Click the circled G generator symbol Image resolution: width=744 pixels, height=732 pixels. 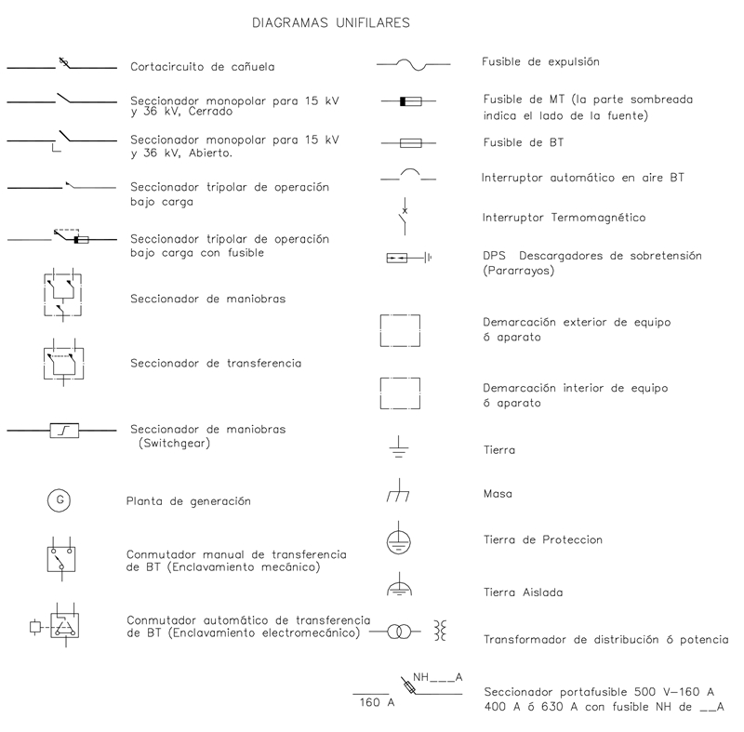[60, 500]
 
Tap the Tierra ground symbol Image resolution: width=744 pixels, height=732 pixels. [398, 450]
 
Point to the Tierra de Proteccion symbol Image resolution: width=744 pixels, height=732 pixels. [398, 540]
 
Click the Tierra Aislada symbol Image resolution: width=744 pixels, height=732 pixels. [398, 589]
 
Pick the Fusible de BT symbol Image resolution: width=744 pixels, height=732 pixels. [410, 143]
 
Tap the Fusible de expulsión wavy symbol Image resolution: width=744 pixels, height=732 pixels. [412, 63]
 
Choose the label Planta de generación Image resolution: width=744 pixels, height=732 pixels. [189, 501]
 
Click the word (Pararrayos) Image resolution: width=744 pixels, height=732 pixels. [518, 271]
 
